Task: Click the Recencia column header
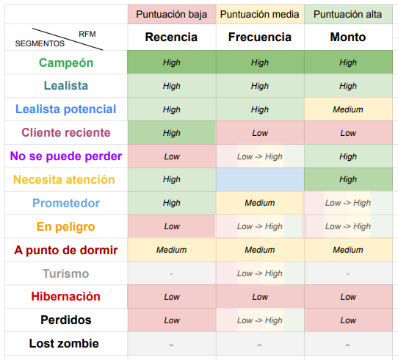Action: tap(171, 37)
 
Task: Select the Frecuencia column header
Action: tap(260, 37)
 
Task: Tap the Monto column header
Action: tap(348, 37)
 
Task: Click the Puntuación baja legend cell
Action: tap(172, 14)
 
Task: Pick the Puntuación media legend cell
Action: tap(260, 14)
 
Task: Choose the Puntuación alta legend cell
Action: tap(348, 14)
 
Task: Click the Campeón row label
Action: tap(66, 62)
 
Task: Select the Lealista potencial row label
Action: tap(66, 109)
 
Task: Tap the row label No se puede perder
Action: tap(66, 156)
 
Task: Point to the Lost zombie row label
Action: tap(64, 344)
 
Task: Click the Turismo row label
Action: tap(66, 274)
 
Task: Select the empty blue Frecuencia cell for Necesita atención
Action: tap(260, 179)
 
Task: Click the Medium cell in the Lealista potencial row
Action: tap(348, 109)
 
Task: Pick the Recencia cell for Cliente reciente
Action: tap(172, 133)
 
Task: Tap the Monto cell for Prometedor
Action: tap(348, 203)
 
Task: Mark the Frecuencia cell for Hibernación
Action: tap(260, 297)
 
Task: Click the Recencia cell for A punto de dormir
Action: tap(172, 250)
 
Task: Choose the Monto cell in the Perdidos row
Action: tap(348, 320)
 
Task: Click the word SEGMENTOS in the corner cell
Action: tap(40, 43)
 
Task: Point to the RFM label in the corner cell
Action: tap(87, 34)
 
